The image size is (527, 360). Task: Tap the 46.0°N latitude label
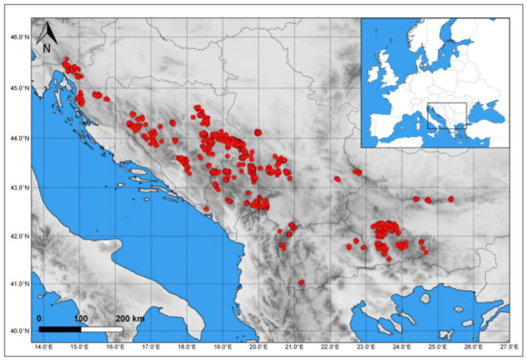(x=17, y=38)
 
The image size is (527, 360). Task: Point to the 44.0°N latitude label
(x=17, y=138)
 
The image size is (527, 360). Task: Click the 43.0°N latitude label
(x=17, y=187)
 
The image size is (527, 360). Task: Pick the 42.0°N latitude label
(x=17, y=236)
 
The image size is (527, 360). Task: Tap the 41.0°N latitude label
(x=17, y=284)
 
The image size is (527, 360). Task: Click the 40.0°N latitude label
(x=17, y=331)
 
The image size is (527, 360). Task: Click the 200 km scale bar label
(x=131, y=317)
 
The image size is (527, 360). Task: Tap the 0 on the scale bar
(x=40, y=317)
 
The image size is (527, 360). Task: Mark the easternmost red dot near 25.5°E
(x=450, y=199)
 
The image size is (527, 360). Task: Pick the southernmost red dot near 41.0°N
(x=301, y=282)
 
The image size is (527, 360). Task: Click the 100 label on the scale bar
(x=80, y=317)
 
